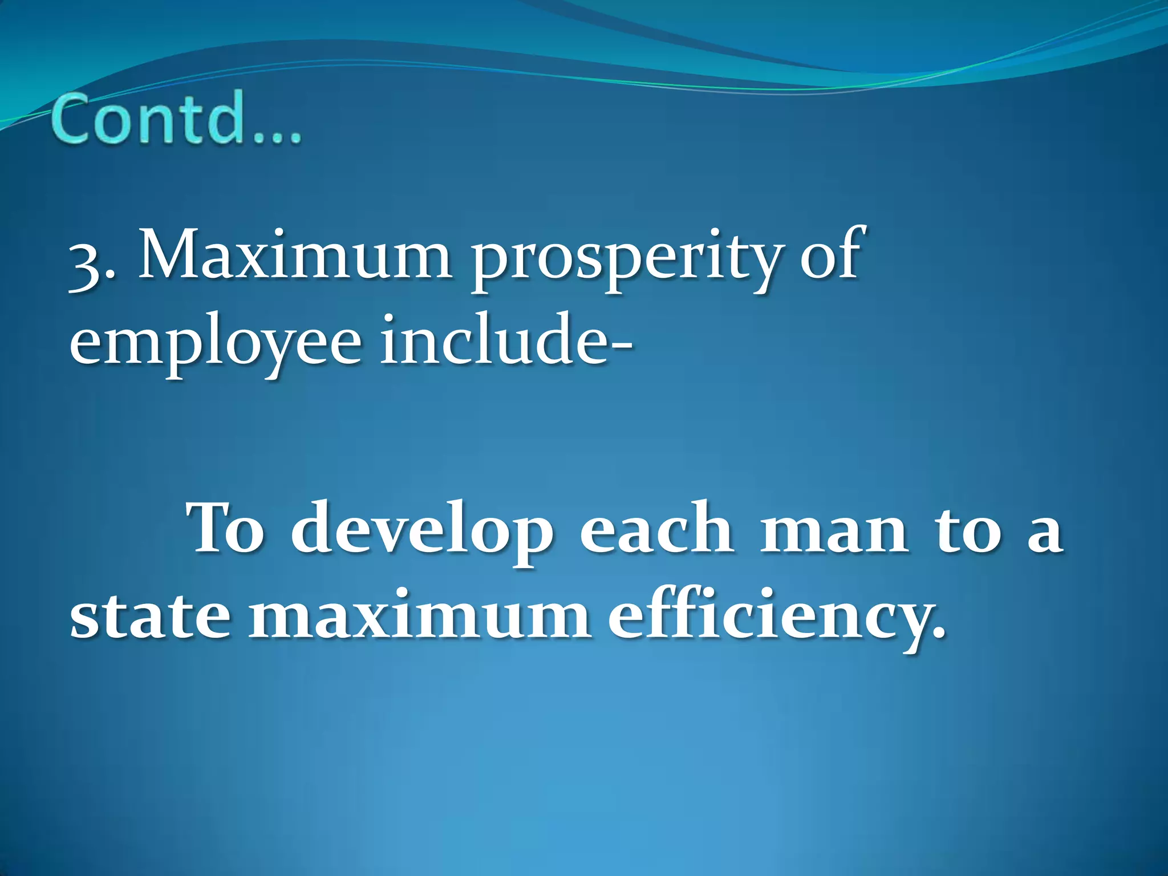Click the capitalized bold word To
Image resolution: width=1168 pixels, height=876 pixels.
click(227, 529)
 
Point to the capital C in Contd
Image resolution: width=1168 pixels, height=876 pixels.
click(74, 119)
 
